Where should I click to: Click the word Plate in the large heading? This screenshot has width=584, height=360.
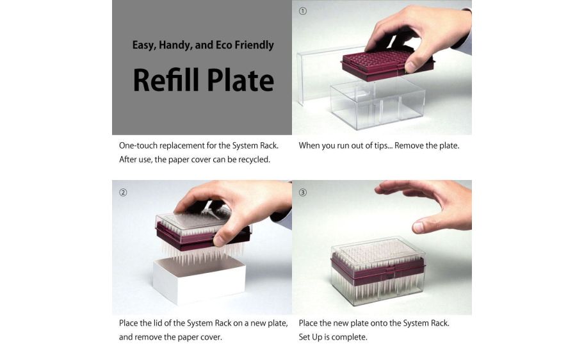click(x=241, y=80)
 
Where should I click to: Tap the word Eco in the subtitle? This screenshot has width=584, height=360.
click(x=223, y=45)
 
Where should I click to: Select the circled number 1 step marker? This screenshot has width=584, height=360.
click(x=303, y=11)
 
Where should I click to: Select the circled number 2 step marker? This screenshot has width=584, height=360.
click(x=123, y=192)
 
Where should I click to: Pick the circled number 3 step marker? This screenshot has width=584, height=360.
click(x=303, y=192)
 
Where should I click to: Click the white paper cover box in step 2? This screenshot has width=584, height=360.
click(x=199, y=279)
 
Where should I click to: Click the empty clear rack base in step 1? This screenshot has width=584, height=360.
click(x=378, y=104)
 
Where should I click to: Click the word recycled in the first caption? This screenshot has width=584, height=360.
click(x=254, y=160)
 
